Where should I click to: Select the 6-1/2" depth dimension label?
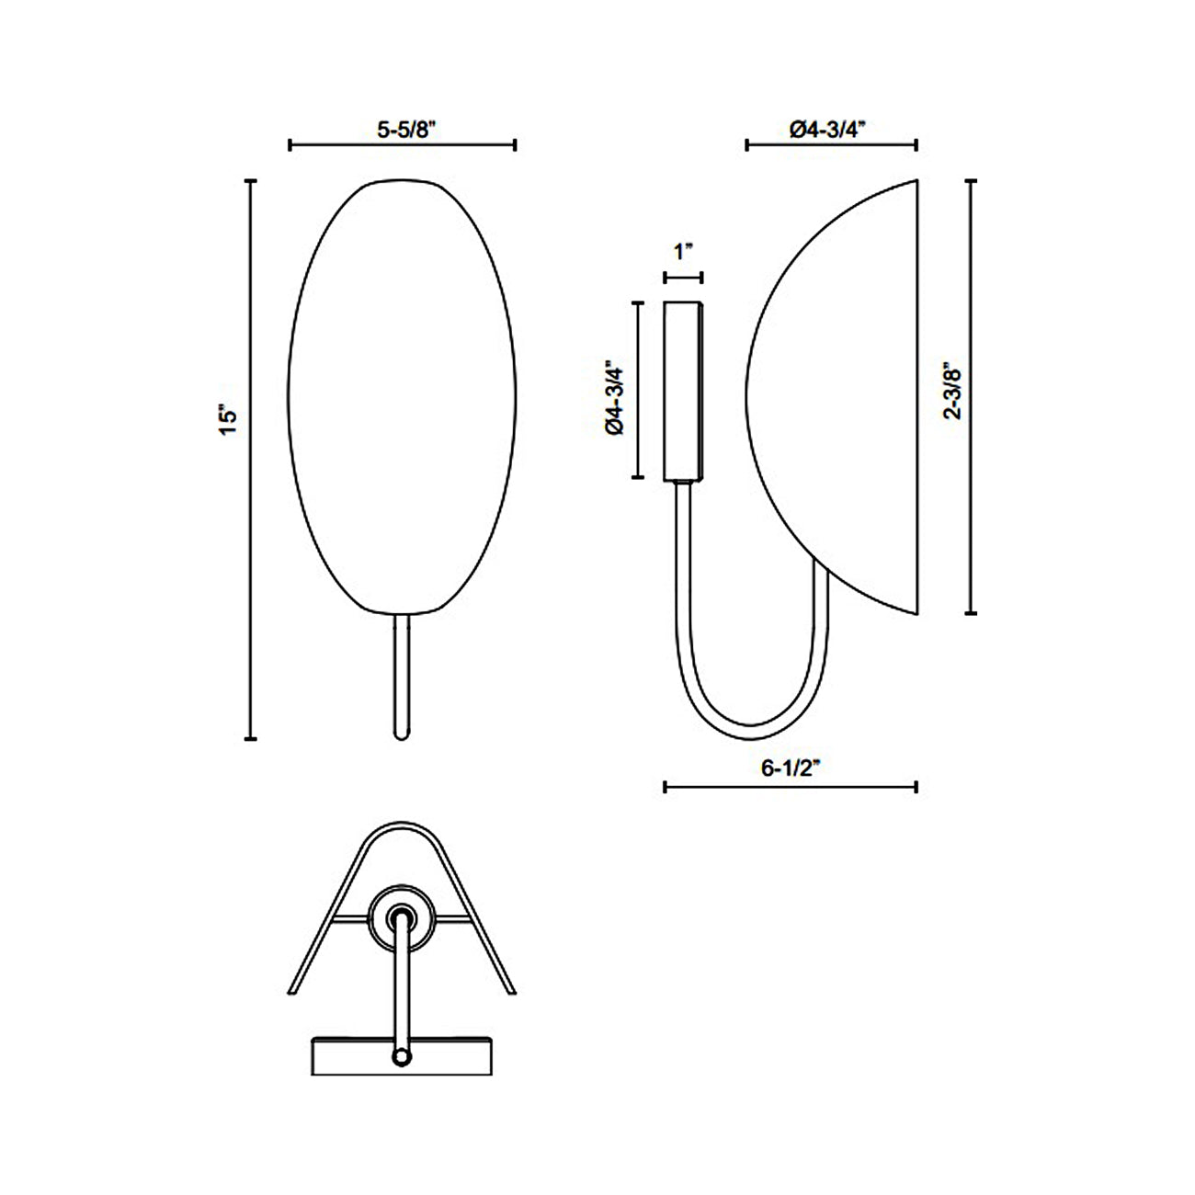point(791,770)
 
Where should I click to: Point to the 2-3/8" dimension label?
point(953,393)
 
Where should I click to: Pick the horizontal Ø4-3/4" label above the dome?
point(829,130)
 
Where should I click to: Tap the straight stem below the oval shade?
point(402,676)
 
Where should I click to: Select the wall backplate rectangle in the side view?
point(683,391)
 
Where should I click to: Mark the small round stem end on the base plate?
point(402,1057)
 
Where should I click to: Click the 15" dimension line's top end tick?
point(250,182)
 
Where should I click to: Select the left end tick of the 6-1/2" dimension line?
point(665,786)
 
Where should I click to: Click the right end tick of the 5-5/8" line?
point(515,144)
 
